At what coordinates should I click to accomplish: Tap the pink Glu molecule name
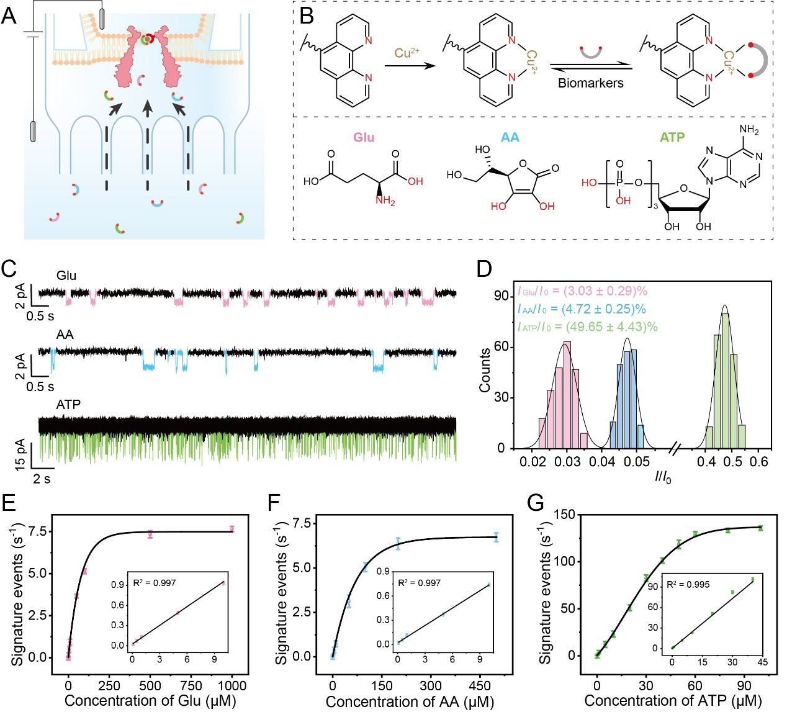coord(364,137)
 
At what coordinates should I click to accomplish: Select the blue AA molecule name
coord(510,137)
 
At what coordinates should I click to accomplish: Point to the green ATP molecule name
coord(672,137)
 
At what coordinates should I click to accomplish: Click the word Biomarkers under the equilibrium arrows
coord(590,83)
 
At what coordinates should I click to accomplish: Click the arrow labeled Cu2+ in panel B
coord(410,66)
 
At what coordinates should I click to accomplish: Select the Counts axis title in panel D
coord(485,370)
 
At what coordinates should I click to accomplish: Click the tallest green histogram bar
coord(726,381)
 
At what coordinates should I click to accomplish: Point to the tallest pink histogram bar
coord(567,395)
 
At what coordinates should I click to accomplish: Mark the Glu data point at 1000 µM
coord(232,529)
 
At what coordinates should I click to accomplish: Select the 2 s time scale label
coord(42,479)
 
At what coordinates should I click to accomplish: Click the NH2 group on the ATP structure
coord(749,130)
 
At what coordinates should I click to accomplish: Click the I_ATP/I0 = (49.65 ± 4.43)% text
coord(587,327)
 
